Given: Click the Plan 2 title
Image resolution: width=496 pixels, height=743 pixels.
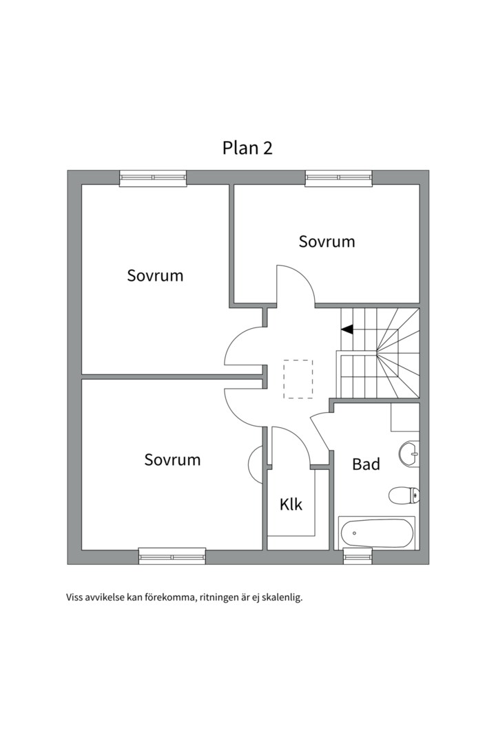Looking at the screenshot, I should (247, 148).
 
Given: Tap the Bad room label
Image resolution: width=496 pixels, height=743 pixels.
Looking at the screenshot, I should (366, 464).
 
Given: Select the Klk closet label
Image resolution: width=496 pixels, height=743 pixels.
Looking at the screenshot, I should (291, 504).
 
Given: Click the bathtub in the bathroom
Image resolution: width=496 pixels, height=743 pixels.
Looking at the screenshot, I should (377, 532).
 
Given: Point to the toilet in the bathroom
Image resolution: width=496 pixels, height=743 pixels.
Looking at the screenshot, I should (403, 495).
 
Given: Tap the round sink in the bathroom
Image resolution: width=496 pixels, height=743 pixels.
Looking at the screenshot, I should (409, 451).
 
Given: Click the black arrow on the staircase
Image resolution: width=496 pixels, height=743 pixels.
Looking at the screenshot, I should (347, 330).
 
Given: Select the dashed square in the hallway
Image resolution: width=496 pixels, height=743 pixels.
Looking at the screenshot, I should (298, 379).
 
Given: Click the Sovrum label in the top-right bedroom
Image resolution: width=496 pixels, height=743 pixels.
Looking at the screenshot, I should (327, 241).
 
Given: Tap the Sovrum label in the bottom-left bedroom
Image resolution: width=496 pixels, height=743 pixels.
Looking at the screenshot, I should (172, 460).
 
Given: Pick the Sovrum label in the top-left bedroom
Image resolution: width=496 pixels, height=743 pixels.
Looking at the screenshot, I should (155, 276).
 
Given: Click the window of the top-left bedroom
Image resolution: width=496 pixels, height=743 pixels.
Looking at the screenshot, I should (153, 178).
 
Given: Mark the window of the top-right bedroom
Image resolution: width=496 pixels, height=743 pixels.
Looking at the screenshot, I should (339, 178).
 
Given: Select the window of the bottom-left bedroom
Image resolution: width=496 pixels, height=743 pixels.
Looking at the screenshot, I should (172, 556).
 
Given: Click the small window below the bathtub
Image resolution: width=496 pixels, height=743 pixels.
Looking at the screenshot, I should (358, 557).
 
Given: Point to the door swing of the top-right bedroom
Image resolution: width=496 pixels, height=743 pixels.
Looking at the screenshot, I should (295, 283).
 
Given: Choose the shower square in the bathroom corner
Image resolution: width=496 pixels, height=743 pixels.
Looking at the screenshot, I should (405, 417).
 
